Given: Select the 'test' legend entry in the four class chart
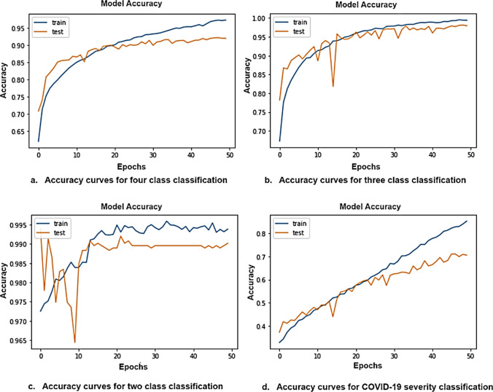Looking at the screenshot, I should click(61, 32).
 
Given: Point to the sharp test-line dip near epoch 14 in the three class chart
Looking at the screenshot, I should click(333, 87).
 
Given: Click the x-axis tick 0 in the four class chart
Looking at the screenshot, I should click(39, 154).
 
